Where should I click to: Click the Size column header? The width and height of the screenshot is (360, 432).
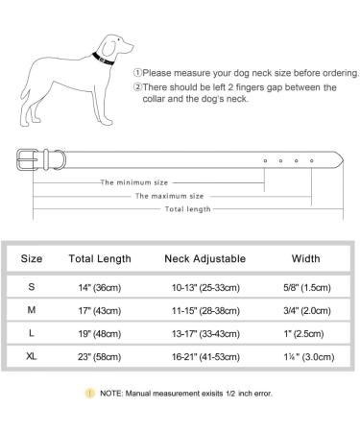coord(32,258)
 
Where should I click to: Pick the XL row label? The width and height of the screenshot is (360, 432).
coord(32,355)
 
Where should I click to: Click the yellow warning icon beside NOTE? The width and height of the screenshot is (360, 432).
coord(88,392)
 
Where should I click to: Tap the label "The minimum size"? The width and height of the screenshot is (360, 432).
coord(133,180)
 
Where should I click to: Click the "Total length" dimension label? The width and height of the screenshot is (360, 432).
coord(188,207)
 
